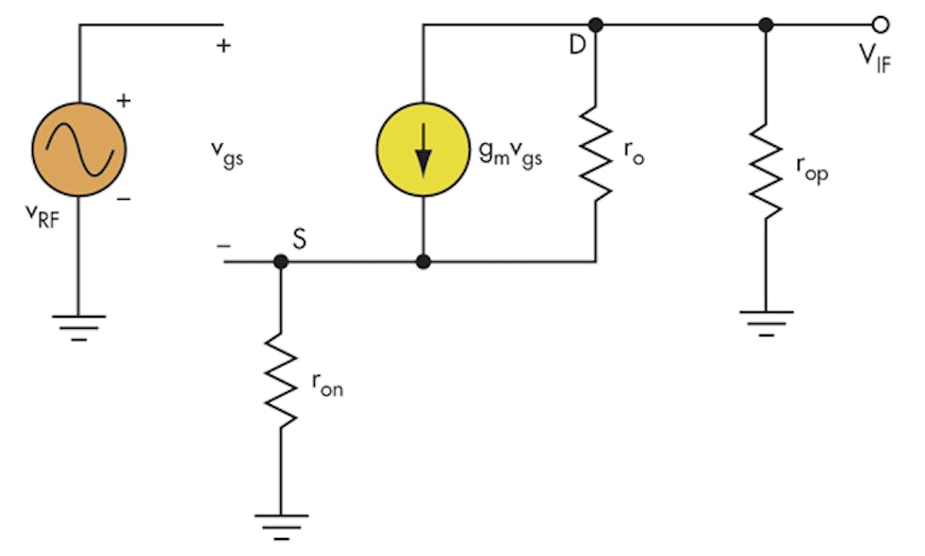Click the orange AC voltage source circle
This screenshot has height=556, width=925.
pos(79,149)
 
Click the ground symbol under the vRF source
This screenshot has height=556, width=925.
pos(79,325)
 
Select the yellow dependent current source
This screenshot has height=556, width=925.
pos(423,149)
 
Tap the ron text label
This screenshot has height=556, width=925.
pos(326,385)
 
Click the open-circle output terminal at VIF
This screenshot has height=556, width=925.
pos(880,25)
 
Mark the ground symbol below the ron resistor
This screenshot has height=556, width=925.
pos(280,522)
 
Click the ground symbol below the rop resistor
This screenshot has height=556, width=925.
pos(765,319)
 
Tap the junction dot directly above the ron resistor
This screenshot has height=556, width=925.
pos(280,261)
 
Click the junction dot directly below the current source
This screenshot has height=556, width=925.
pos(423,261)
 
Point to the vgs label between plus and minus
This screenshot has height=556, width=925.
pos(226,155)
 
